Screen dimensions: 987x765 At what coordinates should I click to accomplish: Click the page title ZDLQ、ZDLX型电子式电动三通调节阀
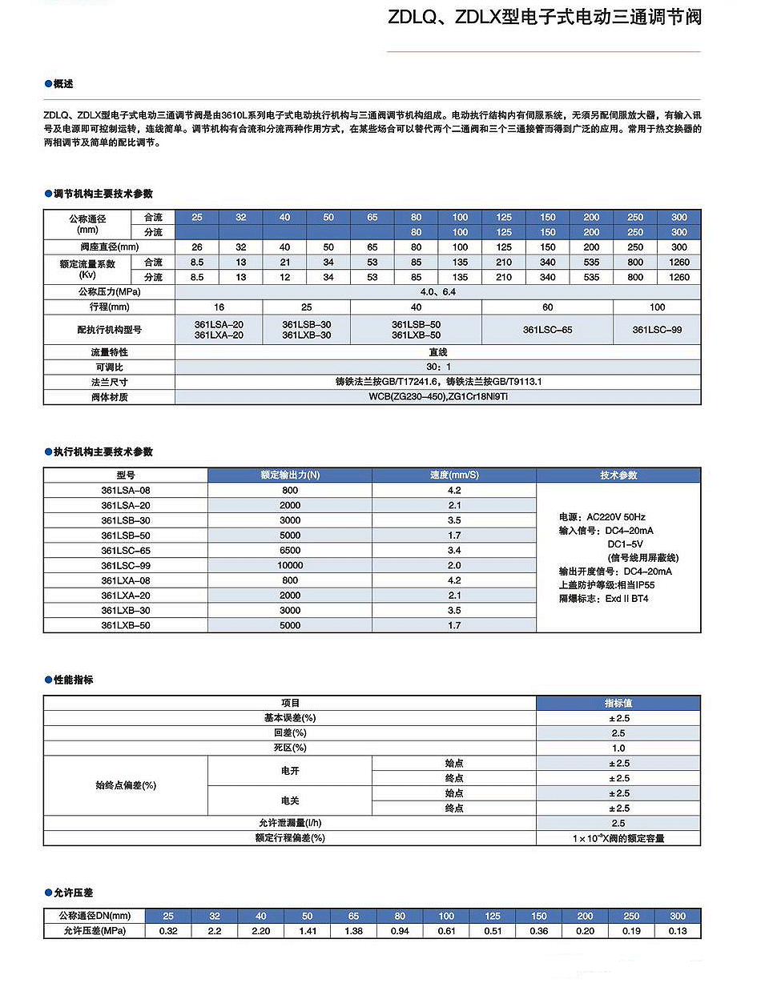(x=544, y=17)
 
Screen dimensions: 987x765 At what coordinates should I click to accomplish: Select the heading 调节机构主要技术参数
(x=103, y=194)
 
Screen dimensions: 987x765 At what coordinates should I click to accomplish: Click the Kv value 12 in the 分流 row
(x=284, y=277)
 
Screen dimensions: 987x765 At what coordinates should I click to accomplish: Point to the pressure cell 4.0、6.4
(x=437, y=292)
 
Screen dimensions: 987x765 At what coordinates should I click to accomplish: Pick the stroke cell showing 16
(x=219, y=307)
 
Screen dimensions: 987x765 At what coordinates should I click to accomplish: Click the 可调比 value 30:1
(x=437, y=367)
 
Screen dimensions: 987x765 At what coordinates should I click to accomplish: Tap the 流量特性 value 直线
(x=437, y=352)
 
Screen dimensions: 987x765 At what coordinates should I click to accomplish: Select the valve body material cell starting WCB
(x=437, y=397)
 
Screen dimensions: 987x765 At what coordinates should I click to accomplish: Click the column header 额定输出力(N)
(x=290, y=475)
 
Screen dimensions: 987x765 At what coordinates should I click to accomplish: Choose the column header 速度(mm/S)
(x=454, y=475)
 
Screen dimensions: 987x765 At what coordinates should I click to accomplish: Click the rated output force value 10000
(x=290, y=565)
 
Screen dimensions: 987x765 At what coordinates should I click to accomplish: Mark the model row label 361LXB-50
(x=126, y=625)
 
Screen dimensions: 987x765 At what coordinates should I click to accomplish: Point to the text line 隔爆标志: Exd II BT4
(x=603, y=599)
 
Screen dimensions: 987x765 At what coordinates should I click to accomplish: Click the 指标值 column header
(x=618, y=703)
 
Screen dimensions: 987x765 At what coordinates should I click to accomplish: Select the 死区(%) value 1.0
(x=618, y=748)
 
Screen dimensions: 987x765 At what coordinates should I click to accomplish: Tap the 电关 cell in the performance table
(x=290, y=800)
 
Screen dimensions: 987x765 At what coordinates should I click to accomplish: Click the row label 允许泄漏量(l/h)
(x=290, y=823)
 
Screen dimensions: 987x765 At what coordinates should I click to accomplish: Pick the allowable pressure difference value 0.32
(x=168, y=931)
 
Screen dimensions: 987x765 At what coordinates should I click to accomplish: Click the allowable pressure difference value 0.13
(x=678, y=931)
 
